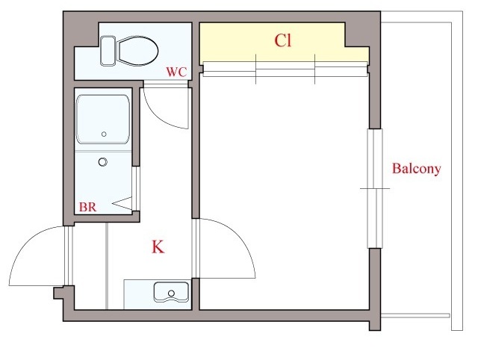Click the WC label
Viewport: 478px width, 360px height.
(176, 72)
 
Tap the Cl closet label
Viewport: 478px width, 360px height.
(283, 40)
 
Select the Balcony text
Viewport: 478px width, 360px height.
(416, 169)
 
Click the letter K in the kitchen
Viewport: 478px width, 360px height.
(158, 247)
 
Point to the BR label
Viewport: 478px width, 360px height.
(88, 207)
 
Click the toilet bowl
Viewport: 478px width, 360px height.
(138, 51)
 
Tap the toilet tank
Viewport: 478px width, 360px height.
(108, 51)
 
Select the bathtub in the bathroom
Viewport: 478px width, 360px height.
(103, 120)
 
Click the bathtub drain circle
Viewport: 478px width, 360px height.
(104, 134)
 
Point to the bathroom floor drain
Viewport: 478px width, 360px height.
(103, 162)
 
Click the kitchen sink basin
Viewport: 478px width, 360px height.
(171, 292)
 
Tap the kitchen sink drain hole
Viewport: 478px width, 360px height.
(171, 294)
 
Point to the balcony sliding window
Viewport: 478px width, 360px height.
(375, 188)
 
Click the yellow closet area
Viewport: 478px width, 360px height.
(284, 43)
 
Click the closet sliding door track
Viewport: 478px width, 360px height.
(285, 69)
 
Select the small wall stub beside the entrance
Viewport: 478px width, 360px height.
(58, 293)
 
